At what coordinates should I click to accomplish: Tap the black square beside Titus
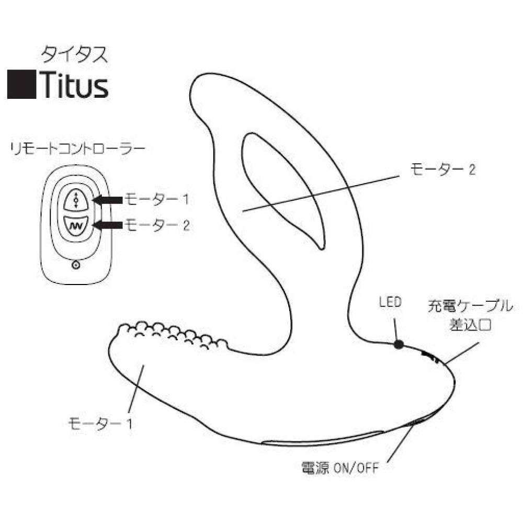(21, 84)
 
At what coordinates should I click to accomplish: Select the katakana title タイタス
(75, 55)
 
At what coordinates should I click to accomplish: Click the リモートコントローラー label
(78, 149)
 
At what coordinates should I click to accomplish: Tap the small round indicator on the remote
(76, 265)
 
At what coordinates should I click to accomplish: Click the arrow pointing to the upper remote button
(107, 200)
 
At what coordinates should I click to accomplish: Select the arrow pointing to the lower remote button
(107, 225)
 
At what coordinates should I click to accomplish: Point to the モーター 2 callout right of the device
(442, 169)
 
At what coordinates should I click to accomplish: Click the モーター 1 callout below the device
(100, 424)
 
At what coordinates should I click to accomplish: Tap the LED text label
(390, 302)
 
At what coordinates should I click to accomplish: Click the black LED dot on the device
(398, 345)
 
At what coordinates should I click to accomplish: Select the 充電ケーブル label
(470, 306)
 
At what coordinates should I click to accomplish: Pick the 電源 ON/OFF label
(339, 468)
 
